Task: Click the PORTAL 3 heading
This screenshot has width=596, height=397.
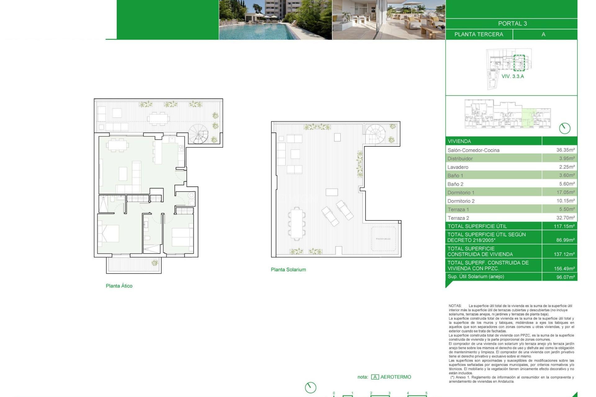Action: click(x=512, y=24)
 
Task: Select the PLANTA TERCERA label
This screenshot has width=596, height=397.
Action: click(x=479, y=34)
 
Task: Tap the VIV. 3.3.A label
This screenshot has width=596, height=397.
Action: click(x=512, y=76)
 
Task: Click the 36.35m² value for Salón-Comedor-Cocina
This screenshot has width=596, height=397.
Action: click(x=565, y=150)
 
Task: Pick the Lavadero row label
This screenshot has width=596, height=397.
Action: click(x=458, y=167)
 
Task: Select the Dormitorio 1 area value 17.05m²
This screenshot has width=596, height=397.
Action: click(x=565, y=192)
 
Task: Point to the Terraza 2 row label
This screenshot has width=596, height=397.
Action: click(x=458, y=218)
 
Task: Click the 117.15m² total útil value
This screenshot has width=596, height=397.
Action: click(x=564, y=226)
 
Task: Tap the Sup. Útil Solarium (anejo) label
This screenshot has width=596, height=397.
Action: click(x=476, y=276)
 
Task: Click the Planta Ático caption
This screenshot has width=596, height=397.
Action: click(x=119, y=286)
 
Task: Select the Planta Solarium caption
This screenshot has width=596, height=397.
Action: click(x=288, y=270)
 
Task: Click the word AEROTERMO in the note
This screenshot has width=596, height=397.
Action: click(x=395, y=377)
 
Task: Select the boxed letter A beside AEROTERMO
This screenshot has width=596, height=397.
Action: click(x=375, y=377)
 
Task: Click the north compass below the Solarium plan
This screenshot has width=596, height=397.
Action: click(x=310, y=387)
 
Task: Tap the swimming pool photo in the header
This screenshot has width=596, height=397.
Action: click(x=275, y=20)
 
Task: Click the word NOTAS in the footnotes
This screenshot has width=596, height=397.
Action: click(x=455, y=306)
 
